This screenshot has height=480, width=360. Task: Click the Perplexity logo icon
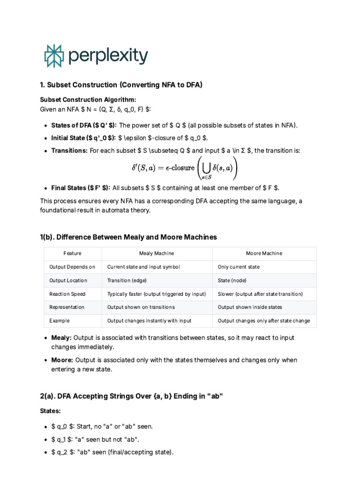[53, 56]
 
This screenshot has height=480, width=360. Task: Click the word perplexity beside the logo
[108, 56]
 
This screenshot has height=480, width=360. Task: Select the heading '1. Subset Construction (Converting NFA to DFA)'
[121, 85]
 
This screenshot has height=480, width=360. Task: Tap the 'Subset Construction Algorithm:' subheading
[88, 99]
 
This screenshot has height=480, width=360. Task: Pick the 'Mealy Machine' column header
[157, 254]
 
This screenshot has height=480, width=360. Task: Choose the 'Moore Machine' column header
[264, 254]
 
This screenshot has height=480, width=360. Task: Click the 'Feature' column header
[72, 254]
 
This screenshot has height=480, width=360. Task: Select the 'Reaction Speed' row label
[67, 294]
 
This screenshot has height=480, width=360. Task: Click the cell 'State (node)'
[232, 280]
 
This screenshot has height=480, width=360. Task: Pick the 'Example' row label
[60, 321]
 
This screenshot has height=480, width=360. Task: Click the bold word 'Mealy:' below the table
[61, 337]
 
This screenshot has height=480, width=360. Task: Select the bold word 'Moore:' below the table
[62, 360]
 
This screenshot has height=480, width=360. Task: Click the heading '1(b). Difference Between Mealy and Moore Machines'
[128, 237]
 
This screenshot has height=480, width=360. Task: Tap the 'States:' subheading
[50, 411]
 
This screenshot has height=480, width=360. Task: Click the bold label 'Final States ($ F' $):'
[81, 188]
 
